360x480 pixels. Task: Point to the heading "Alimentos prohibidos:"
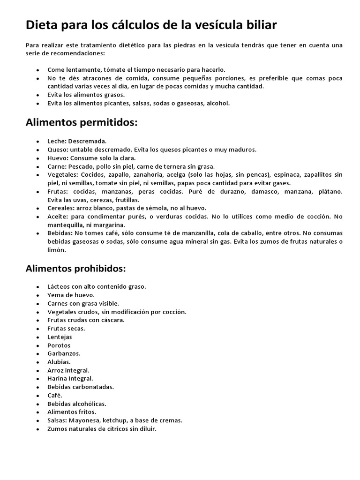(x=75, y=269)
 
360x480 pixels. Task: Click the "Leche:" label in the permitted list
(x=57, y=141)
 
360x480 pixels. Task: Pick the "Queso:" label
(x=58, y=150)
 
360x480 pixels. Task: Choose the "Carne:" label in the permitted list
(x=57, y=166)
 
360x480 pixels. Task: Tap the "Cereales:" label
(x=61, y=208)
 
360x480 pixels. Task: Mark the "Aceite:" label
(x=58, y=216)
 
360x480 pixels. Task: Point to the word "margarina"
(x=97, y=225)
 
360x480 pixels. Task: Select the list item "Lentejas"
(x=60, y=337)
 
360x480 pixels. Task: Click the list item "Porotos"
(x=59, y=345)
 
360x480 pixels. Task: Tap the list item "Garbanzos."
(x=64, y=353)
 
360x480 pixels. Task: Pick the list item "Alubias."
(x=59, y=362)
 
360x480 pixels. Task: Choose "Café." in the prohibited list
(x=55, y=395)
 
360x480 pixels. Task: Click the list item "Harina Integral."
(x=70, y=378)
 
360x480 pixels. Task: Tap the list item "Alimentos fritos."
(x=72, y=412)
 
